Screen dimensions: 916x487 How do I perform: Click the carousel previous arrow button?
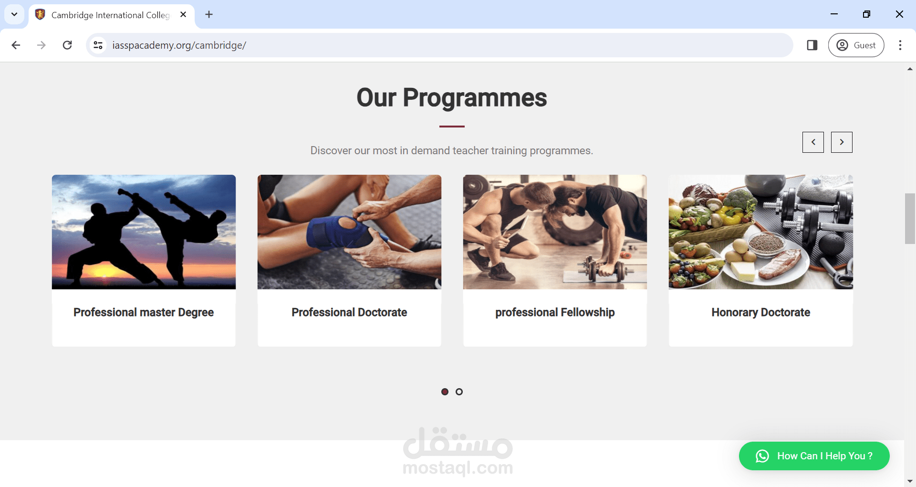(x=813, y=142)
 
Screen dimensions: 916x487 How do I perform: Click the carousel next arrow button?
(x=842, y=142)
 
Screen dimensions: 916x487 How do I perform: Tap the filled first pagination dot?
(x=445, y=392)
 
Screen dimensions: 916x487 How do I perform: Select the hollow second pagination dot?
(x=459, y=392)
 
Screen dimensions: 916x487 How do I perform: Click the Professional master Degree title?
(x=144, y=312)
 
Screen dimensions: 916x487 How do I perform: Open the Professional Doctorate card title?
(x=349, y=312)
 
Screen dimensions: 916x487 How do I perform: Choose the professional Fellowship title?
(x=555, y=312)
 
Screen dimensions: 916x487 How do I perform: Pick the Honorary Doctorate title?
(x=761, y=312)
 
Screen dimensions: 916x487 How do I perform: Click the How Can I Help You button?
(x=814, y=456)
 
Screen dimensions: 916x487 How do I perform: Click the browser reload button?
(x=67, y=45)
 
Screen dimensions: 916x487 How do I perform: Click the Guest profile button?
(x=856, y=45)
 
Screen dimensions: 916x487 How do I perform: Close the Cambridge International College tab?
(x=183, y=15)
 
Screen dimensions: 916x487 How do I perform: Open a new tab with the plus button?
(x=209, y=15)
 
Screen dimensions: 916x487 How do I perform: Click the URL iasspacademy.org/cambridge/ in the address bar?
(x=179, y=45)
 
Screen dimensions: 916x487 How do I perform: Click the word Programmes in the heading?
(x=475, y=98)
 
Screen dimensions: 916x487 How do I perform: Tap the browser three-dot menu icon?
(x=900, y=45)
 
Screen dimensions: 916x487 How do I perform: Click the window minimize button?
(x=834, y=14)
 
